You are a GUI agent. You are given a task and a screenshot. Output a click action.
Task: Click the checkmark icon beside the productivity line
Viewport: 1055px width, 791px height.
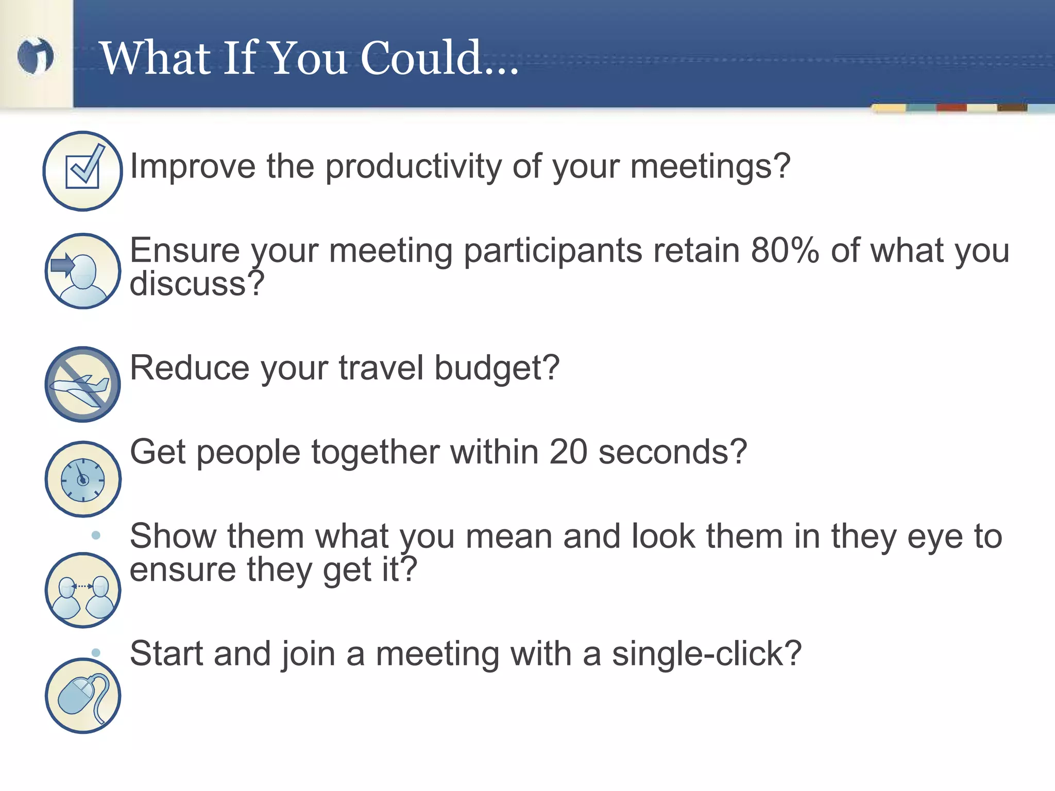point(82,170)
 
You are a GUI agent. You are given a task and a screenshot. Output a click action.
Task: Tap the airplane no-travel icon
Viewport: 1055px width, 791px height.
point(82,384)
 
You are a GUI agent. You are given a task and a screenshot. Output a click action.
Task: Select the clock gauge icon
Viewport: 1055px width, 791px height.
point(82,479)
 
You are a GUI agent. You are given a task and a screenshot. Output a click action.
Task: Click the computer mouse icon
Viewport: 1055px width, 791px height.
point(82,695)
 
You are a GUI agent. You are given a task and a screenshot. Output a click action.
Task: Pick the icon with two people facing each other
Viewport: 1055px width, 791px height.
point(82,590)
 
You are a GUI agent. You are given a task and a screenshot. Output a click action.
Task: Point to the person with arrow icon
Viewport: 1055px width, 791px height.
point(82,271)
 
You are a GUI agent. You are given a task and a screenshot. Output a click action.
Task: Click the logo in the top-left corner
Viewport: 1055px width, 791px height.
point(35,56)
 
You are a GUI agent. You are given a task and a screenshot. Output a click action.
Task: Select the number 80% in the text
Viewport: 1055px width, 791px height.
point(785,250)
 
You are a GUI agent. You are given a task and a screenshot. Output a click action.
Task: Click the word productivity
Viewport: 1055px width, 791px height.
point(413,167)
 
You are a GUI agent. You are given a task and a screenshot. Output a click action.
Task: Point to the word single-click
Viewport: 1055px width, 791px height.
point(706,654)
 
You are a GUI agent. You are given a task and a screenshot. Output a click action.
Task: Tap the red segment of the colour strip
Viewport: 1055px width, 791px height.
point(951,108)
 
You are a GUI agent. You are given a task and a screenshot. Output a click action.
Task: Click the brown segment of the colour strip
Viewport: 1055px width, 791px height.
point(1012,108)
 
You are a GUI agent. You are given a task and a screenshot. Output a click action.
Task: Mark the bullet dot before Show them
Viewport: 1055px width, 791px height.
point(95,536)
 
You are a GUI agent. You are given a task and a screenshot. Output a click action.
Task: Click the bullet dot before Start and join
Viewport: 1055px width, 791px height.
point(95,652)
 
